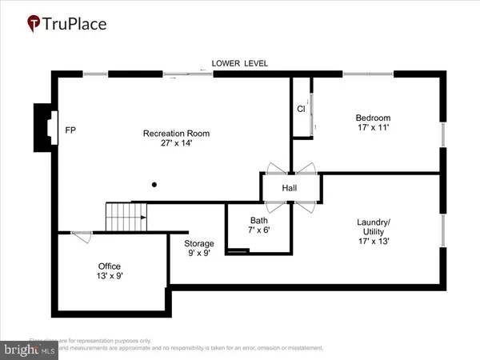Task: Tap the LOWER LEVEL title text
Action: point(239,63)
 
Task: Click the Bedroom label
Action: point(373,118)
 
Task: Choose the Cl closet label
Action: point(301,109)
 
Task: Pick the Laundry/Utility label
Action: point(374,227)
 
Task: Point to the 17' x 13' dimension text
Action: point(374,247)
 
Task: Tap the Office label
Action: point(110,266)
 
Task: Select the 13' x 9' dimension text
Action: point(110,276)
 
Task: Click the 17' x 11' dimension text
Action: point(373,129)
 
